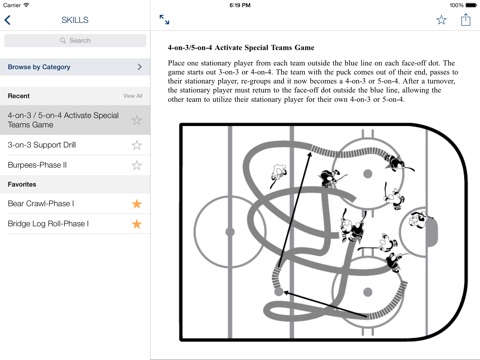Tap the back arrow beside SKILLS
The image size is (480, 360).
8,20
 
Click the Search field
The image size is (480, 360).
75,41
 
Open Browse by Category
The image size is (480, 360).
75,67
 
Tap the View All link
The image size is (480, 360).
133,96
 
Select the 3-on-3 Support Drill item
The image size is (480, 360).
42,145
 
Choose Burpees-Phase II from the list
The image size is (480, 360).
37,165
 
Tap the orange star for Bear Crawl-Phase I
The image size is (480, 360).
137,204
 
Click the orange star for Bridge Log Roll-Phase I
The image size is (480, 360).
137,224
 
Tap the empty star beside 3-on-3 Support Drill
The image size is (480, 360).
137,145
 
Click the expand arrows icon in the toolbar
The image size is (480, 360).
164,20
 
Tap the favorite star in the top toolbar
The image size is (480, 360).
441,20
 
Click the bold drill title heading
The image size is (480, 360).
241,48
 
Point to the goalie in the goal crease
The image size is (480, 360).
418,219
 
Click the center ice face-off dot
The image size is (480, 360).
230,232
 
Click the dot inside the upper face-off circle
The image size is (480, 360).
368,174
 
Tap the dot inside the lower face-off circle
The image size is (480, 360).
368,292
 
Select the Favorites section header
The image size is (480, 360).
22,184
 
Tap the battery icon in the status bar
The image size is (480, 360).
471,5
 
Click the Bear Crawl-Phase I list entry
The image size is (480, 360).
41,203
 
